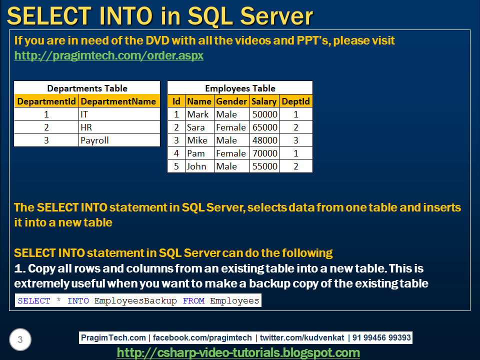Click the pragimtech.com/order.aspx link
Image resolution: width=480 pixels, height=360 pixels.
click(109, 55)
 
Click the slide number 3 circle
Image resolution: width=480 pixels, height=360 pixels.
click(20, 340)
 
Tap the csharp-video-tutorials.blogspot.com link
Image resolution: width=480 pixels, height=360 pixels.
click(238, 353)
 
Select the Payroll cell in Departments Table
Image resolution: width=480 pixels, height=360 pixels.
click(94, 140)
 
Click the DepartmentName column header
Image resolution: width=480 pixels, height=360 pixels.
click(118, 101)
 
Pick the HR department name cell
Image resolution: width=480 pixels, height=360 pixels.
click(86, 127)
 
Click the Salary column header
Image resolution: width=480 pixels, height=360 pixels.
click(264, 101)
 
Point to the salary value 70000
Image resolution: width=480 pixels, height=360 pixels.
click(264, 153)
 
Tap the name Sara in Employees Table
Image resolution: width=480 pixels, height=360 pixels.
click(196, 127)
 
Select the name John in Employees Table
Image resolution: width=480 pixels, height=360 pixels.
click(196, 166)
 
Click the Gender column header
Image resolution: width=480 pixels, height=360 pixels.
click(231, 101)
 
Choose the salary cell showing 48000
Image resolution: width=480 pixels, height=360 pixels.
click(264, 140)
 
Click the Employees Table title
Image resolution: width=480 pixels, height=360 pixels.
click(240, 88)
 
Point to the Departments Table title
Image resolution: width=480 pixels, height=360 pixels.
click(87, 88)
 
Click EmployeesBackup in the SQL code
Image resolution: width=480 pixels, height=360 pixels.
click(135, 301)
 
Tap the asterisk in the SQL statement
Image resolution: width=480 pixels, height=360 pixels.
click(58, 301)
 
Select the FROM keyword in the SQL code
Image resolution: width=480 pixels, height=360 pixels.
click(193, 301)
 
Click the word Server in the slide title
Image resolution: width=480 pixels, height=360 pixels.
click(276, 16)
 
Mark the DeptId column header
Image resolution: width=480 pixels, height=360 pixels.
click(296, 101)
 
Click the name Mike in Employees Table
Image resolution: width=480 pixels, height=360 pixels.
click(197, 140)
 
